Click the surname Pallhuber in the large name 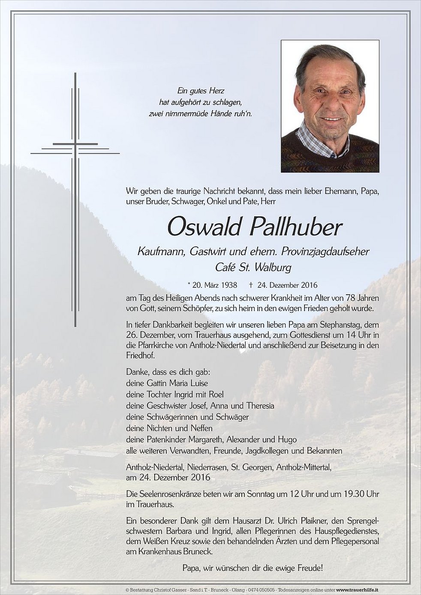pyautogui.click(x=296, y=227)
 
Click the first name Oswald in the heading pyautogui.click(x=204, y=227)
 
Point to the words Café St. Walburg pyautogui.click(x=253, y=268)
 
